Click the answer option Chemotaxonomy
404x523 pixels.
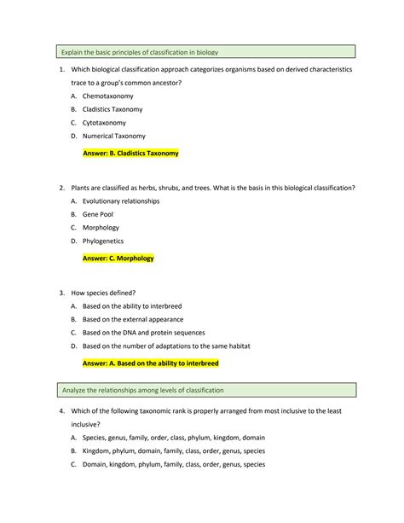pos(107,96)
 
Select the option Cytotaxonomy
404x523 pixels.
pos(105,123)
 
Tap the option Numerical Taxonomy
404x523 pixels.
pos(113,136)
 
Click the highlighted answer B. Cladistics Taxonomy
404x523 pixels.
pos(130,154)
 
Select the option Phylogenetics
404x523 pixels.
pos(102,241)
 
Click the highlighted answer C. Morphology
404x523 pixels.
pos(118,258)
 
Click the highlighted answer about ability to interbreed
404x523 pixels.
pos(150,363)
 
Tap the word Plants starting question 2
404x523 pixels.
pos(83,187)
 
